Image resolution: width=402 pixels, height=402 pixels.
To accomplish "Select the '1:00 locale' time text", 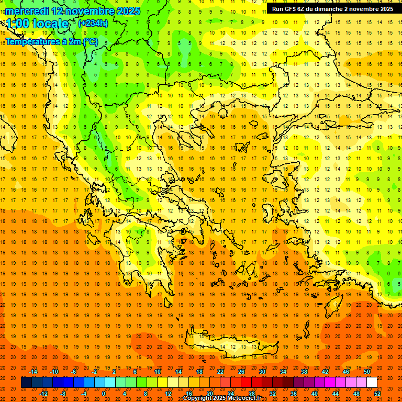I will pyautogui.click(x=37, y=24).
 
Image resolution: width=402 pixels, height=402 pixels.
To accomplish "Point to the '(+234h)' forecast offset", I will pyautogui.click(x=93, y=23).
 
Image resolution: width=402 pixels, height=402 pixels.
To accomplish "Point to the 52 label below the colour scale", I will pyautogui.click(x=377, y=394).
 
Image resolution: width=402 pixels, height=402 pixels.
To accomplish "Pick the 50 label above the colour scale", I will pyautogui.click(x=367, y=372).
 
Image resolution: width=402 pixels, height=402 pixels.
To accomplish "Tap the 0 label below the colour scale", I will pyautogui.click(x=104, y=394).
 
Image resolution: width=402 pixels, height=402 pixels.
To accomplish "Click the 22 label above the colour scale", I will pyautogui.click(x=220, y=372).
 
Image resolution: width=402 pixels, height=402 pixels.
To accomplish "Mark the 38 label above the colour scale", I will pyautogui.click(x=304, y=372).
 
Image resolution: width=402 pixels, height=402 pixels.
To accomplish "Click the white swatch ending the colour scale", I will pyautogui.click(x=372, y=383).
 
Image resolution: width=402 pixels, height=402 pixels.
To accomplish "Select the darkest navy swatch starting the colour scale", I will pyautogui.click(x=26, y=383).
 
